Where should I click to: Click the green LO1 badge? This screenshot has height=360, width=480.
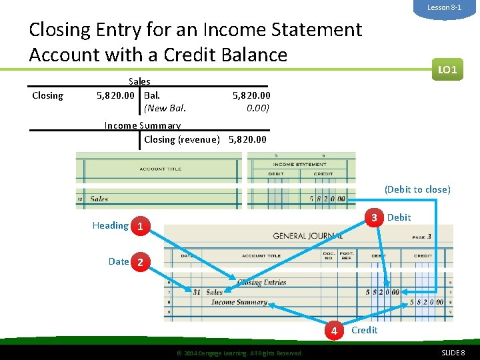447,69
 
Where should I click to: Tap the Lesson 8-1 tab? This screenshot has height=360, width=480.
444,7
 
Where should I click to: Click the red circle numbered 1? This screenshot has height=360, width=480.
139,226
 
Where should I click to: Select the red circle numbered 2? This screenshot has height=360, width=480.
139,262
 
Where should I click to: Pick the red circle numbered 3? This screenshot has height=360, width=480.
375,218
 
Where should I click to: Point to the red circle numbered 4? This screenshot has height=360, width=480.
335,331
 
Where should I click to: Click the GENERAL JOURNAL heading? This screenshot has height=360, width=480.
307,236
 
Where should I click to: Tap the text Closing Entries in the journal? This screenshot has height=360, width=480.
261,282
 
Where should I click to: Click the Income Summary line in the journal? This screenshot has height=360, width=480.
239,302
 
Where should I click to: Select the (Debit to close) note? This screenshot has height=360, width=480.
417,189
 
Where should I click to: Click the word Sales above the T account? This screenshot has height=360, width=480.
139,81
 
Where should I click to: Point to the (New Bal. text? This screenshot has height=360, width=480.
165,107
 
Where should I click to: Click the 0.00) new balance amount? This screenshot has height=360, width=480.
257,107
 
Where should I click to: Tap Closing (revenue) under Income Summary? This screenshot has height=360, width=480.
181,139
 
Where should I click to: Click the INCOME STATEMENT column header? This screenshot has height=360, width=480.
299,164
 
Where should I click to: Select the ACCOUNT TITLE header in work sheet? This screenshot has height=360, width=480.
160,169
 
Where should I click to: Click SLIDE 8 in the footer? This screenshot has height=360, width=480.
453,352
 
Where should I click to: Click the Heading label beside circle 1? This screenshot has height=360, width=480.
110,225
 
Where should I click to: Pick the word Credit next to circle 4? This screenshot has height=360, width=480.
364,330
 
